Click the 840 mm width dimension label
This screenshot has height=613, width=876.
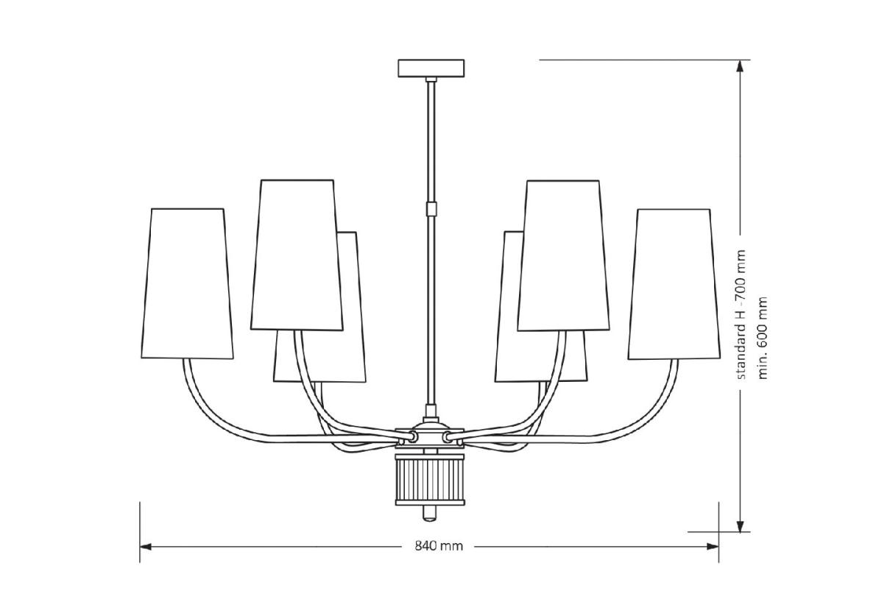pos(439,546)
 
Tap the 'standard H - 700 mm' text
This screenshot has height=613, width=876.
pos(741,314)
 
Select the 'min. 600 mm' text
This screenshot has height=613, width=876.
pos(763,337)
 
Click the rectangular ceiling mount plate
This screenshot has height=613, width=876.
pos(431,68)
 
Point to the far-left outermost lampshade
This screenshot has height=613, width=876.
pos(186,283)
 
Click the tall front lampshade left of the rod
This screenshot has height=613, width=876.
pos(297,255)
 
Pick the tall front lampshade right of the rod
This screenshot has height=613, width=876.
pos(564,255)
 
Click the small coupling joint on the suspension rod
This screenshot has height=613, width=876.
pos(431,209)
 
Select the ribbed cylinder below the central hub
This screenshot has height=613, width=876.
pos(431,479)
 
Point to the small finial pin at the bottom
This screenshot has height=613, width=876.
pos(431,513)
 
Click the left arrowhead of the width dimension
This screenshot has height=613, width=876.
pos(145,546)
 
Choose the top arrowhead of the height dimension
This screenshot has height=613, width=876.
pos(741,66)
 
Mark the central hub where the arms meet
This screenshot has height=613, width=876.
pos(431,436)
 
